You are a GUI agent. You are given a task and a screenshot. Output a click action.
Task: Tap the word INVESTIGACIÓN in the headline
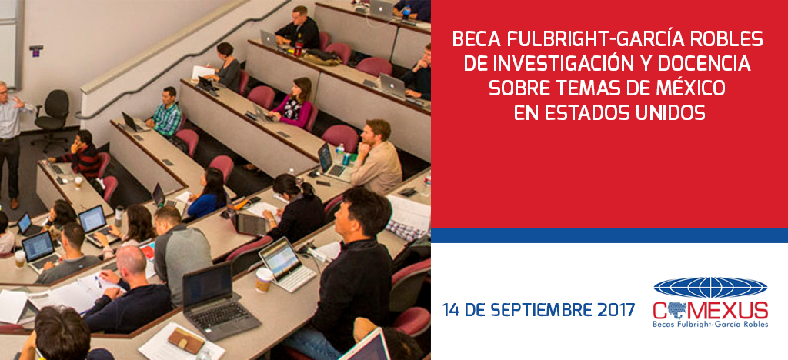click(x=559, y=64)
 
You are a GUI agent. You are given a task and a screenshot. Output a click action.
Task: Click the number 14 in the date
click(x=451, y=309)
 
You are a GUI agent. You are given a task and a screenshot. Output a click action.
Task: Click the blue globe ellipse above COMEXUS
click(x=710, y=288)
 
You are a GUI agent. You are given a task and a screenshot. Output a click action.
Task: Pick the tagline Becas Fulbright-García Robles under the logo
click(x=710, y=325)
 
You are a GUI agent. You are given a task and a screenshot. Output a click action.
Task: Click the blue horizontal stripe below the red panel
click(x=609, y=235)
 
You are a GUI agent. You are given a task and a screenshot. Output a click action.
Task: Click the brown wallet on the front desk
click(x=186, y=340)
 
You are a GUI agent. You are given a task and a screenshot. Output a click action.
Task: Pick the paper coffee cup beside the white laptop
click(x=263, y=280)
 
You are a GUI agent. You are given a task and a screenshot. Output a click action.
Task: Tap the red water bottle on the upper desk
click(x=299, y=48)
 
